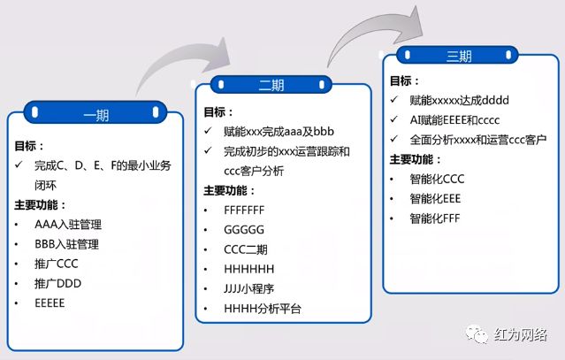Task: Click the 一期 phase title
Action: click(95, 115)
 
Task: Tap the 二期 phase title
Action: click(271, 86)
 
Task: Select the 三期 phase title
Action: click(459, 57)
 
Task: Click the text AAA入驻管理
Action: click(66, 225)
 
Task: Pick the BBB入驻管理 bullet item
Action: click(66, 244)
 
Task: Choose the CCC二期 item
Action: click(245, 249)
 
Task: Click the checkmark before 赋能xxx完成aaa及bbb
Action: click(207, 132)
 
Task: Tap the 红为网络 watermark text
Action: click(522, 335)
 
